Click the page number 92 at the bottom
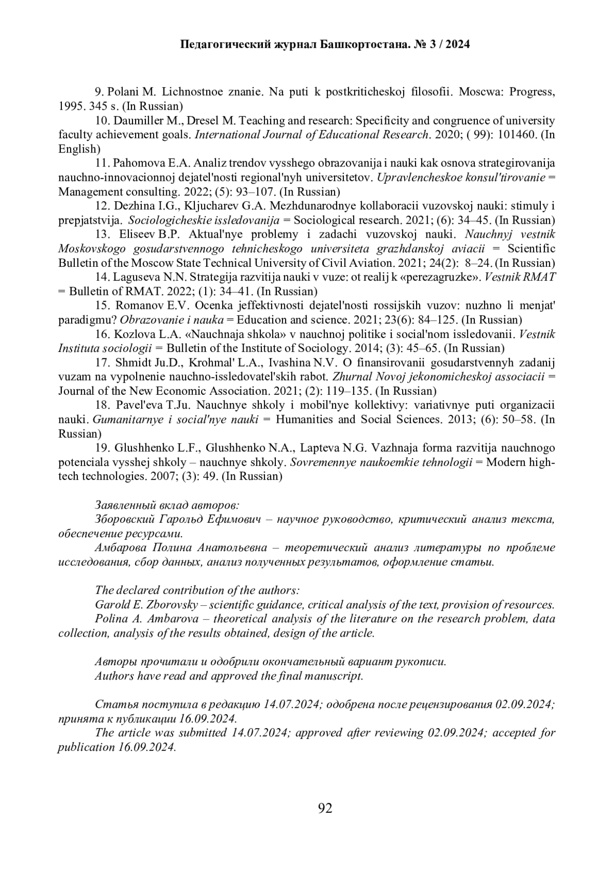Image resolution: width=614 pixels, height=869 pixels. [x=325, y=808]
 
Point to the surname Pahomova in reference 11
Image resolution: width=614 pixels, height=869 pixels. [x=137, y=163]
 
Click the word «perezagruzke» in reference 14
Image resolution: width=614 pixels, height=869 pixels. [x=446, y=278]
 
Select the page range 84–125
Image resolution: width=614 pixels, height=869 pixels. [x=438, y=320]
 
